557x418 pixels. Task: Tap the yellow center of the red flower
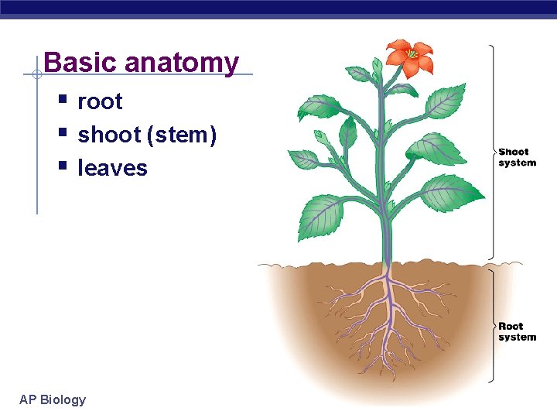tap(412, 54)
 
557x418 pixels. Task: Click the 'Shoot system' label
tap(517, 157)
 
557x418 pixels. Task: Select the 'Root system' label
tap(517, 331)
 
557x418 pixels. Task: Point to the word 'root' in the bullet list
tap(100, 101)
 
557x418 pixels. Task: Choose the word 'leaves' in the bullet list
tap(112, 168)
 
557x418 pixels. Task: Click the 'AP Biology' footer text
tap(53, 399)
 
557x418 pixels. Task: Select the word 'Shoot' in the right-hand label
tap(514, 152)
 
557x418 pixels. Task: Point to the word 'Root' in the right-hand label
tap(511, 327)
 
